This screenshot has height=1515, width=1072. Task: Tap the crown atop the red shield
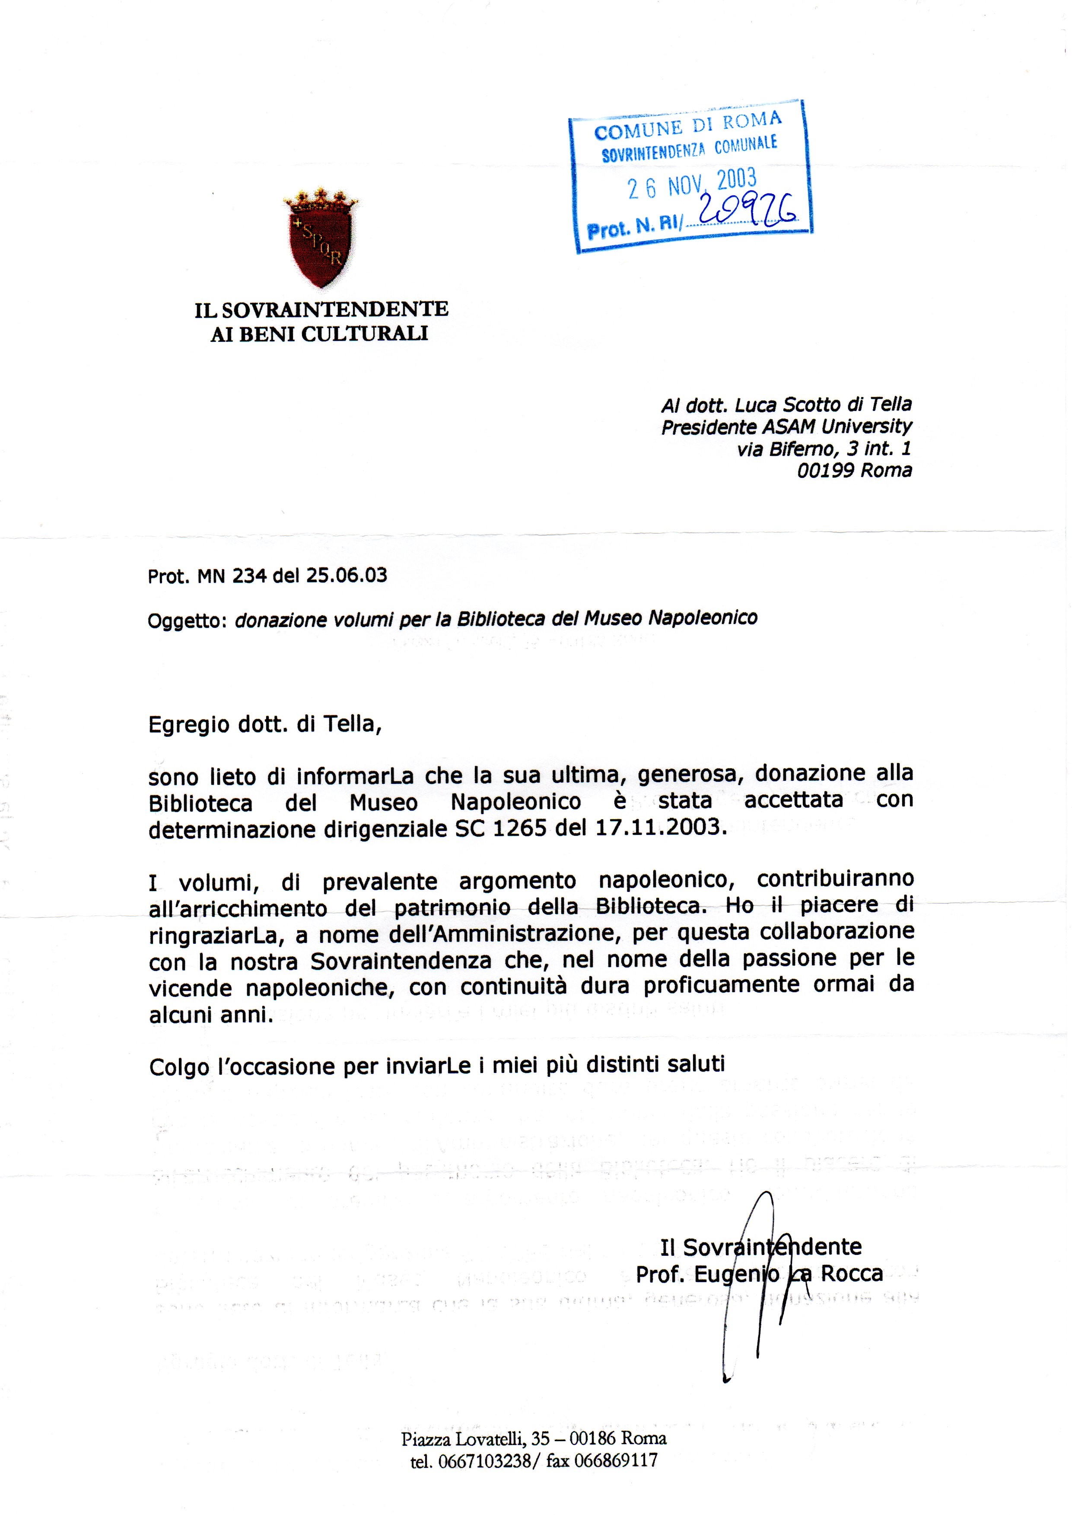(321, 197)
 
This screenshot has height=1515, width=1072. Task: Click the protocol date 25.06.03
(347, 576)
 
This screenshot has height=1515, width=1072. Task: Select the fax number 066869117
(616, 1461)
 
